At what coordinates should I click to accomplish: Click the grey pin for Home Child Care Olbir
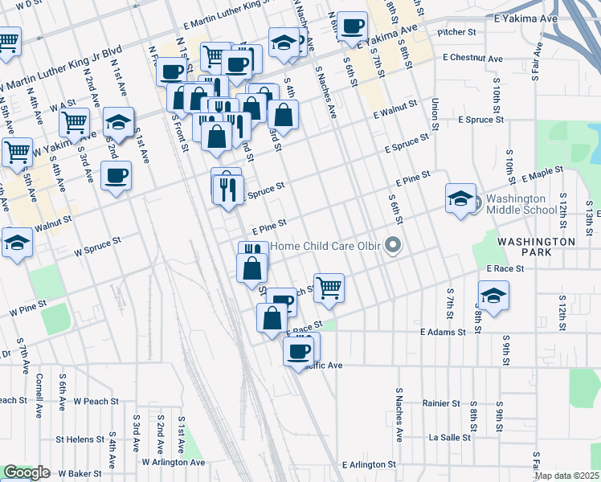(393, 245)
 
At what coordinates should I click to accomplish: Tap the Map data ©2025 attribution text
(566, 475)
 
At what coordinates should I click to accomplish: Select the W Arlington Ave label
(173, 462)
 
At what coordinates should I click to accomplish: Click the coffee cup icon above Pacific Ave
(300, 349)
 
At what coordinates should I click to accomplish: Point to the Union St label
(435, 114)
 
